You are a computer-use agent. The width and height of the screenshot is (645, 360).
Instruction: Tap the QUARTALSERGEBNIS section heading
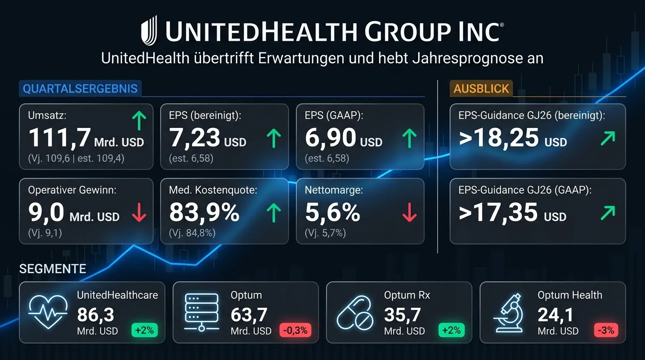80,89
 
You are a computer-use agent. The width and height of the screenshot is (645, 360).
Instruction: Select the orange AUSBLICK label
481,89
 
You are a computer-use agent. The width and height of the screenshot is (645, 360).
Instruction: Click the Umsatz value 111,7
60,137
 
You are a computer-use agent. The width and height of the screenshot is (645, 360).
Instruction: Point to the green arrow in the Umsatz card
139,121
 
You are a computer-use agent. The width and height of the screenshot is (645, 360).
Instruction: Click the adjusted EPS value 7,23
195,137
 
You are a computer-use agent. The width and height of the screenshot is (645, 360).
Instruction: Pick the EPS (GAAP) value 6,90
330,137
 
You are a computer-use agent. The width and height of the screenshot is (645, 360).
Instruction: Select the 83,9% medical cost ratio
204,212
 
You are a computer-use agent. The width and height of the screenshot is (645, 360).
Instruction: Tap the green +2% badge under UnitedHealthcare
144,330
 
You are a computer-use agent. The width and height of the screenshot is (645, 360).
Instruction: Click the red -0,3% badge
295,330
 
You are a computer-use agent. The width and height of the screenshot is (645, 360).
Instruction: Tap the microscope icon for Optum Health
508,312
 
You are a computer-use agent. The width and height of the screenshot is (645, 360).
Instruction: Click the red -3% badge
604,330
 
